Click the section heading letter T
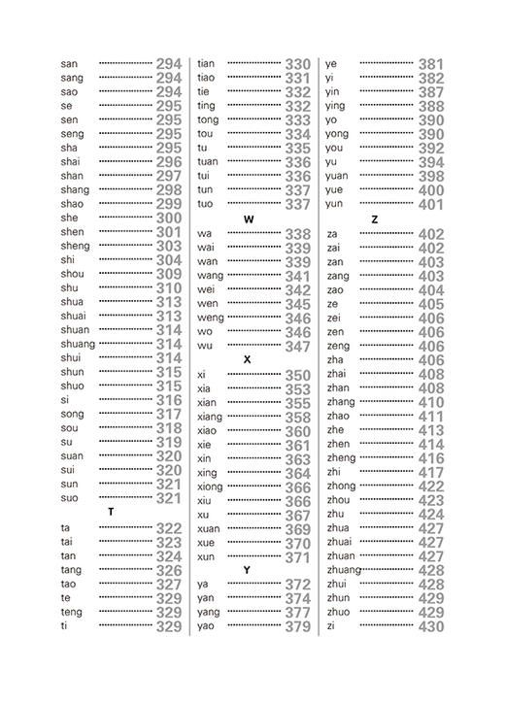111,512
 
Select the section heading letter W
249,219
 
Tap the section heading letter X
248,359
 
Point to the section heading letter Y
248,570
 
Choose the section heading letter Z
375,219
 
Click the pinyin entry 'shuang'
78,344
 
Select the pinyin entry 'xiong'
210,486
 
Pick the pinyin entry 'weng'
210,318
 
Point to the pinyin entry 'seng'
72,134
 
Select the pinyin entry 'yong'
337,134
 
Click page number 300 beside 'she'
169,218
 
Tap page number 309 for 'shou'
169,274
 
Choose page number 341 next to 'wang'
297,276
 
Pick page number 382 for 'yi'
431,79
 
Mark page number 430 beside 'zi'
431,626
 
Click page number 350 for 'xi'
297,375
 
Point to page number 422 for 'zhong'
431,486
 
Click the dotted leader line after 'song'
125,415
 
